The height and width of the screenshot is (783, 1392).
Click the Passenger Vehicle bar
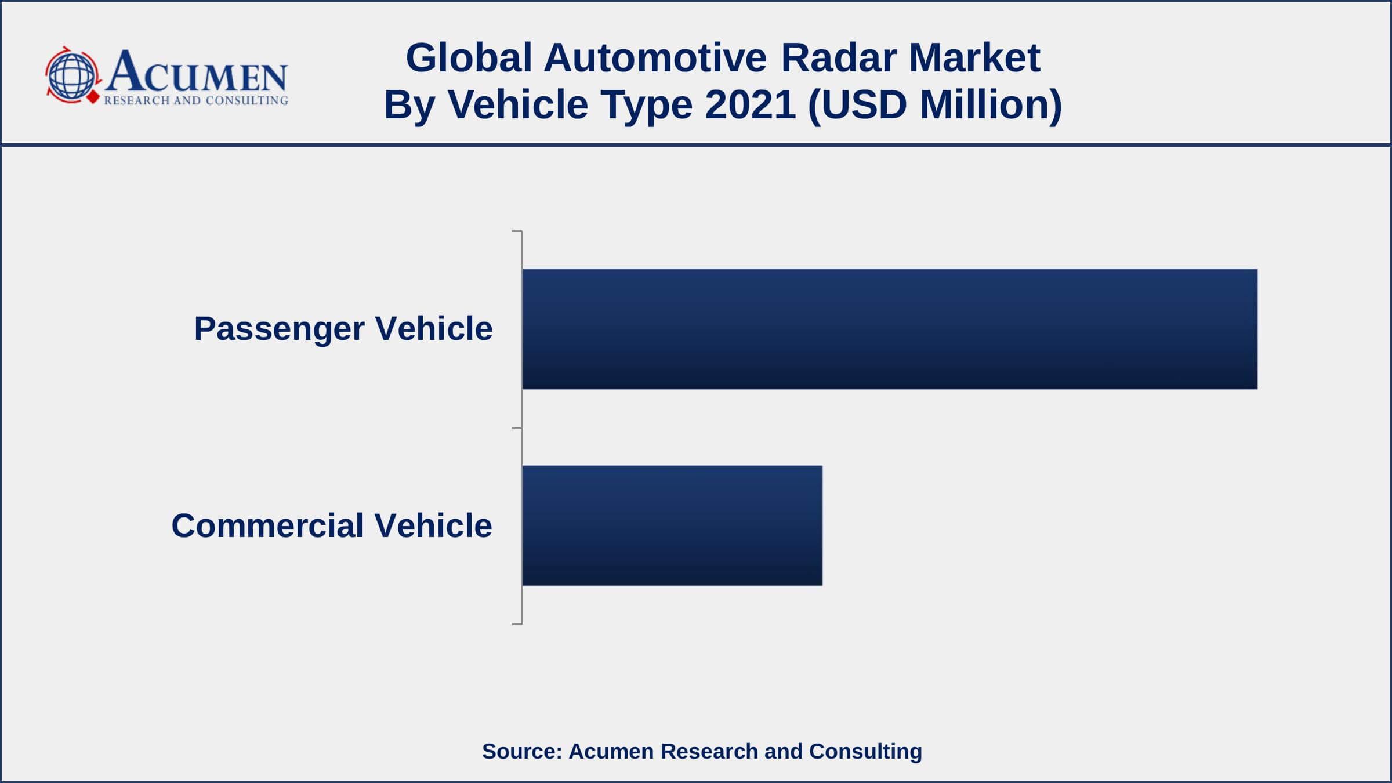(x=889, y=329)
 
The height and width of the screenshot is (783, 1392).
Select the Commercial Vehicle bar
(x=672, y=525)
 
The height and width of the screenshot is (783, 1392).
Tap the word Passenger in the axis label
(x=279, y=329)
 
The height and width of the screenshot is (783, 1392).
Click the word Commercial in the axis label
(x=267, y=525)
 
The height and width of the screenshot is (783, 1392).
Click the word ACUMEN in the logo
(x=196, y=72)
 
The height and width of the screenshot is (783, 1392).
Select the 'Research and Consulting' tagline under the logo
(x=196, y=100)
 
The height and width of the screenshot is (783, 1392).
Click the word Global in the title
(x=469, y=58)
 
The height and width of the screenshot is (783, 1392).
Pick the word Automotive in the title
(x=655, y=58)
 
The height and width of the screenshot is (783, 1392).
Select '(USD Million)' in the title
(x=934, y=106)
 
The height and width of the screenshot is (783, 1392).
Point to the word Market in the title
(x=974, y=58)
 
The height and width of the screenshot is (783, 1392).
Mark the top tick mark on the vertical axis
(x=517, y=231)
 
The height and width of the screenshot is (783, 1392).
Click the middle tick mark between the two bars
(x=517, y=428)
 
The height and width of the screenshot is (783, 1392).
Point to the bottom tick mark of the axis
(x=517, y=624)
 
